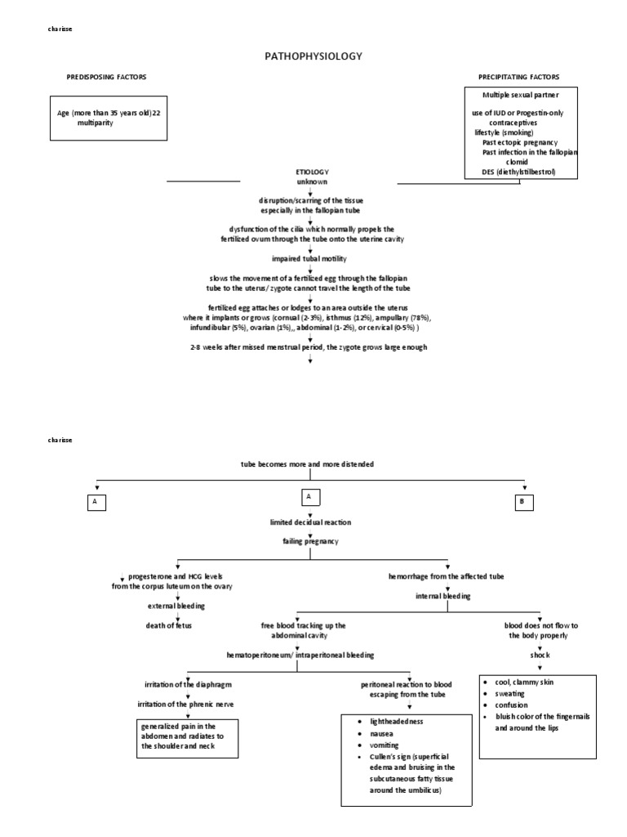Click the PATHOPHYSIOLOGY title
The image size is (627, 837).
(x=313, y=56)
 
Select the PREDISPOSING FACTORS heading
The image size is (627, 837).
(x=106, y=77)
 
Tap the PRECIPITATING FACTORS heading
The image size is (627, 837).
(x=519, y=77)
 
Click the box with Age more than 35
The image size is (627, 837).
(x=109, y=117)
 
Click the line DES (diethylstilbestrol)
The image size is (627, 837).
(x=519, y=172)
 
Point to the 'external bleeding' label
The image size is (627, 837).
(x=177, y=606)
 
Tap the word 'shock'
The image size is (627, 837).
(x=539, y=655)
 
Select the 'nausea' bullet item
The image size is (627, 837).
(x=371, y=735)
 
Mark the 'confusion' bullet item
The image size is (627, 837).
(x=511, y=705)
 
